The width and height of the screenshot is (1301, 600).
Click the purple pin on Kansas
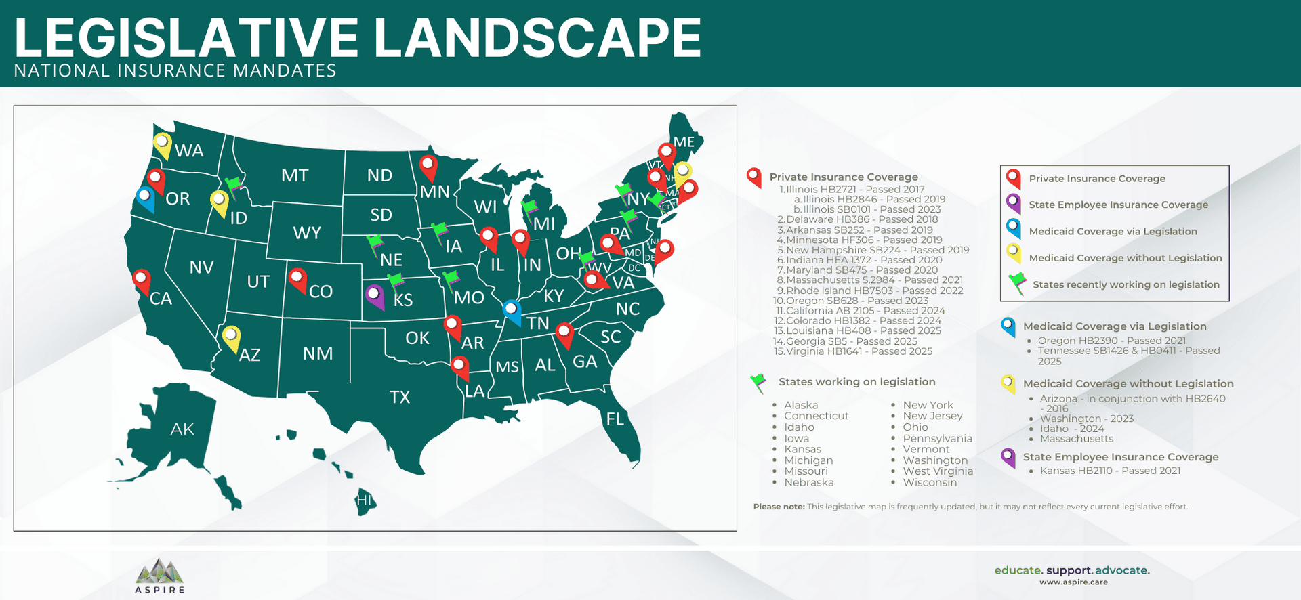(374, 295)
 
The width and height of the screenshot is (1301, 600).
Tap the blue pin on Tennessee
(512, 311)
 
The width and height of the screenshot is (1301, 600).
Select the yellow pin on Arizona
(231, 337)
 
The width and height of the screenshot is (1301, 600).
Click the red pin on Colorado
(297, 278)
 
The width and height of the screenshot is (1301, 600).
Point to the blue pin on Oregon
(145, 198)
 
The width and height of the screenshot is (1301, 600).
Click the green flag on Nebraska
(374, 244)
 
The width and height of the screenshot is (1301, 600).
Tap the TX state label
(400, 397)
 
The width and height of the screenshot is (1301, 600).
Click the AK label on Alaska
(182, 429)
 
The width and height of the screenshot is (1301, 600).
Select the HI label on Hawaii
(365, 500)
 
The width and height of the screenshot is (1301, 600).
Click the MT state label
(295, 176)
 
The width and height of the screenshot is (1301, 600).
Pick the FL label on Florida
(615, 419)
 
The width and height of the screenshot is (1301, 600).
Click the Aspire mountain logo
(159, 572)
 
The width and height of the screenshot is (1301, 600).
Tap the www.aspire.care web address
(1073, 582)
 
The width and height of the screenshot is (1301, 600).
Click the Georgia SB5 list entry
(850, 341)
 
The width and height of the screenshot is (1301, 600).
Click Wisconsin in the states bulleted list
(930, 483)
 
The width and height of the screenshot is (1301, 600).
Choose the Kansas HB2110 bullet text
(1110, 471)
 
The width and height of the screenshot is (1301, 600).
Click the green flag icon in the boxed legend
(1016, 284)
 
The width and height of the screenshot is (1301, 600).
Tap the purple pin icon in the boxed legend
(1013, 202)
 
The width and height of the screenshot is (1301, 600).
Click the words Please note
(779, 507)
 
